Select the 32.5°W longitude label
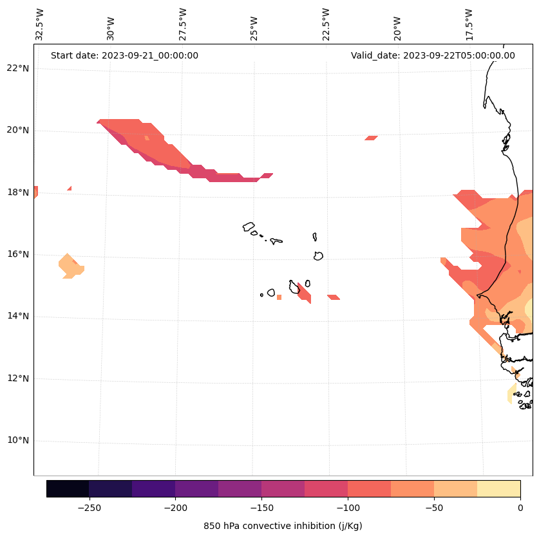coord(40,25)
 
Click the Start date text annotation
coord(124,55)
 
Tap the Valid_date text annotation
coord(433,55)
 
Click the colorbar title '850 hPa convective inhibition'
coord(283,526)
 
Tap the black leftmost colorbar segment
coord(68,488)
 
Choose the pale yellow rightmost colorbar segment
coord(498,488)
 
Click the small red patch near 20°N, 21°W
coord(371,138)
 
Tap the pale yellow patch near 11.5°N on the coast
coord(512,394)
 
